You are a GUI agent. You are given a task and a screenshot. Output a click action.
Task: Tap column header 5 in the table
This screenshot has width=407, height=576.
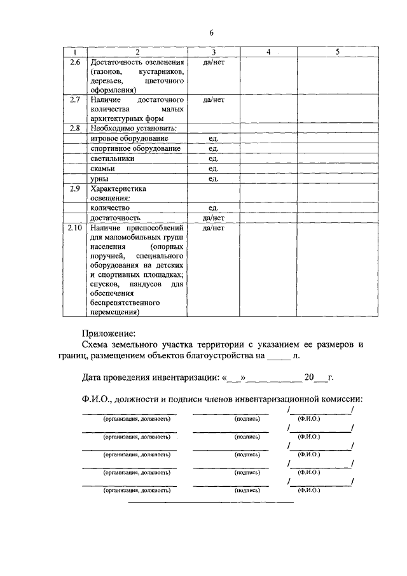click(338, 52)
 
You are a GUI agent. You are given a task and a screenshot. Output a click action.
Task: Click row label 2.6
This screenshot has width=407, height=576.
click(75, 62)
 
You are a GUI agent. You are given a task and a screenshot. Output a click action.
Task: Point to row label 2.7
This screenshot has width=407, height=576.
click(75, 100)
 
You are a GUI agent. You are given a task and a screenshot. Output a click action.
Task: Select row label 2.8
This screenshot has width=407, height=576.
click(75, 128)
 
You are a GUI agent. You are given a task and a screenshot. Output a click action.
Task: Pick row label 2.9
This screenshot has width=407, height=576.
click(75, 188)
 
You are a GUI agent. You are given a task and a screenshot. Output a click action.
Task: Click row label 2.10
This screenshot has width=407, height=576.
click(75, 227)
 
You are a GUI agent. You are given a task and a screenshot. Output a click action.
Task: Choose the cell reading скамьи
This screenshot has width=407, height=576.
click(102, 169)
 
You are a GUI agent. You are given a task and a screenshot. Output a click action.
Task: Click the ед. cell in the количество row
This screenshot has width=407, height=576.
click(213, 207)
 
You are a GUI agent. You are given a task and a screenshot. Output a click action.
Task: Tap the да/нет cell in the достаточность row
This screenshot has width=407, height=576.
click(213, 218)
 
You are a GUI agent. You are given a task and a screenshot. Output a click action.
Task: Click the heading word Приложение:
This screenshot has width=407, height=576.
click(109, 332)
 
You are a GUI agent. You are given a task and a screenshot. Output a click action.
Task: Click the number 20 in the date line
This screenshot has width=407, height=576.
click(309, 377)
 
